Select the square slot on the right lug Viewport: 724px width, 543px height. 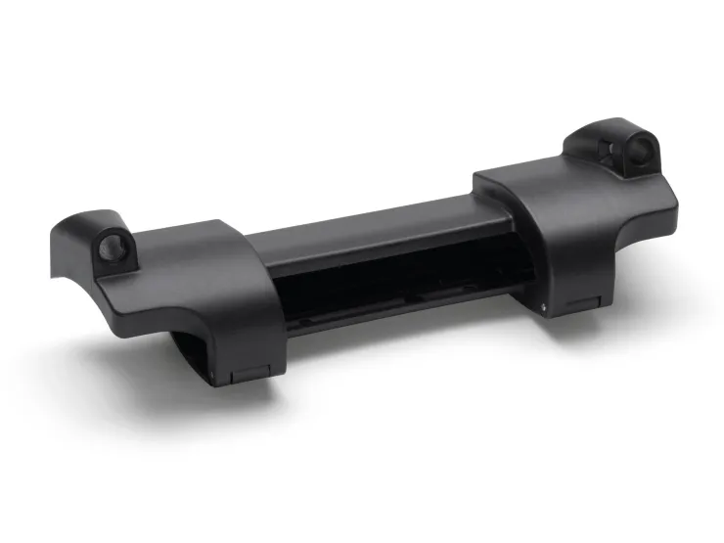(x=611, y=148)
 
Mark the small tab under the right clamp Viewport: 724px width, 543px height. (x=588, y=303)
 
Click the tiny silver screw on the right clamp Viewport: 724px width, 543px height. (x=544, y=304)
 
